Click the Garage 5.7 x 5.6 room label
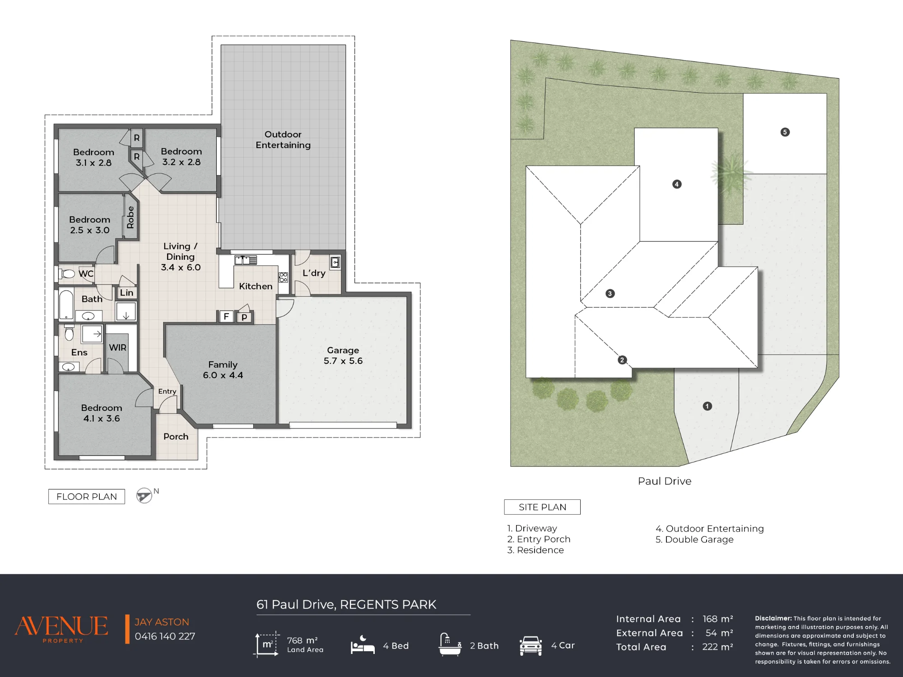[343, 356]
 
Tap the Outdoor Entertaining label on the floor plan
[283, 140]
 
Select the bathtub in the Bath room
[66, 305]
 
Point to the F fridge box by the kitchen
[226, 316]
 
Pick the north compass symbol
[144, 496]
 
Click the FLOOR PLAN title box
[87, 497]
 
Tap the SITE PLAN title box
[542, 507]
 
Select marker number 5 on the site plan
[785, 132]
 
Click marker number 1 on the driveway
[708, 406]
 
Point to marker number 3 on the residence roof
[610, 294]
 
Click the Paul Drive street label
[665, 481]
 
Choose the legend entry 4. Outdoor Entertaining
[710, 529]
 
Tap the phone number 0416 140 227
[165, 636]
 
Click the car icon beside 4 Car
[531, 646]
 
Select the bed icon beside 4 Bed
[363, 645]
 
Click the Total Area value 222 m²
[717, 647]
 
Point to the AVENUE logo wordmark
[61, 626]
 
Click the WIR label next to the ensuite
[118, 348]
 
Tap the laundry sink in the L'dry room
[335, 263]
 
